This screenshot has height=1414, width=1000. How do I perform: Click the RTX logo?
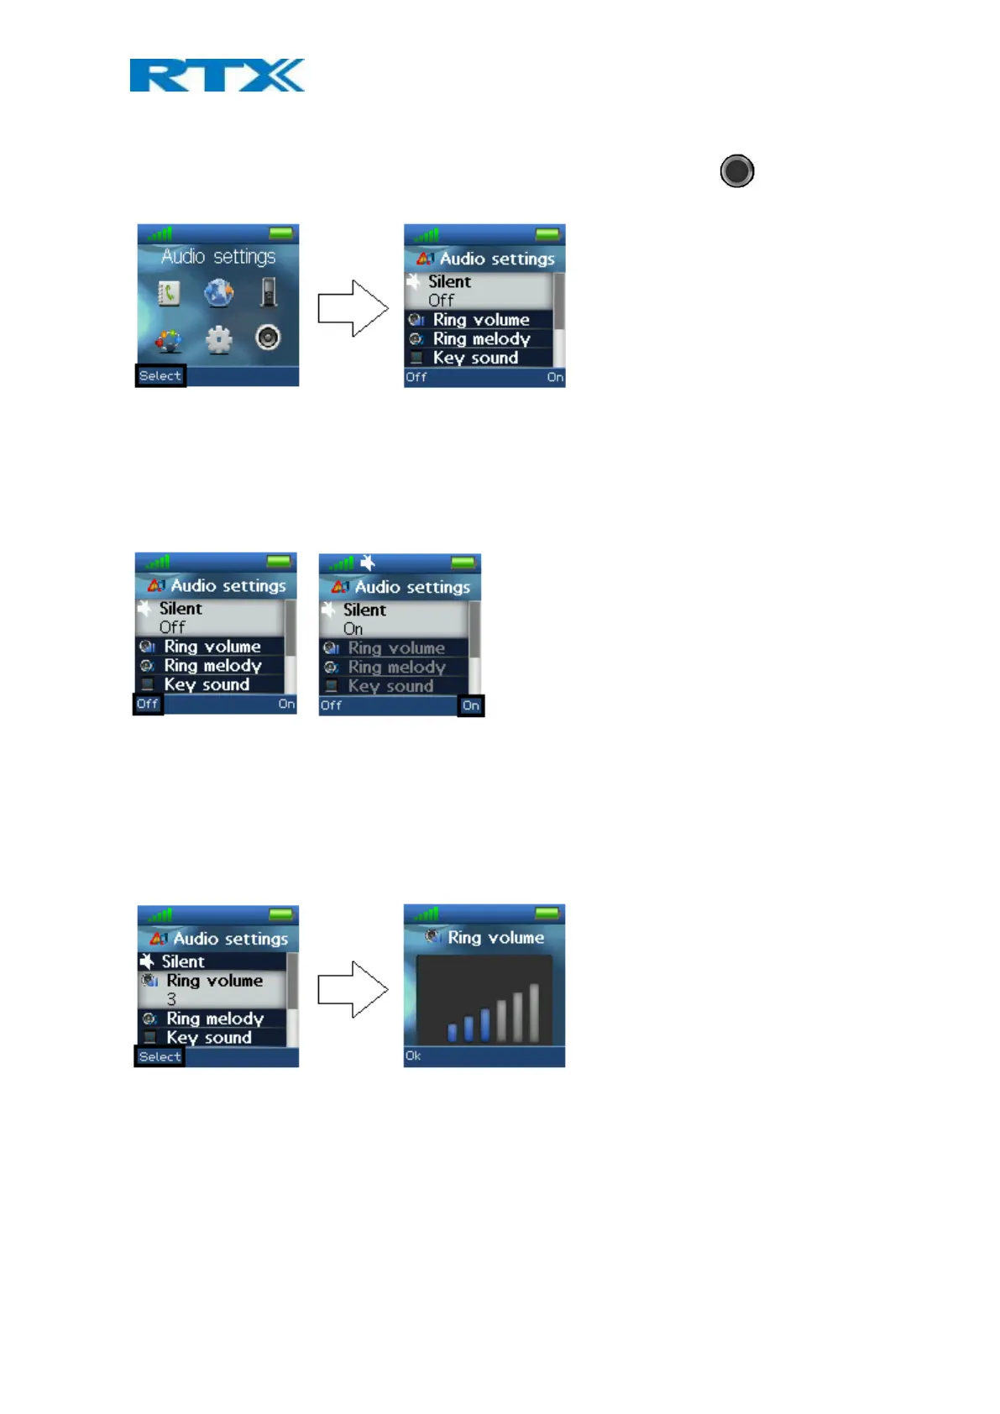click(217, 76)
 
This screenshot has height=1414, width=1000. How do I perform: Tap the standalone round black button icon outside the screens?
click(736, 171)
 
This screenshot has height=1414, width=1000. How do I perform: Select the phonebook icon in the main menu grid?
click(169, 293)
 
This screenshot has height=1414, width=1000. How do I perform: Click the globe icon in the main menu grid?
click(218, 293)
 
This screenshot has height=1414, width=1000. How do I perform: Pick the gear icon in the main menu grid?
click(219, 339)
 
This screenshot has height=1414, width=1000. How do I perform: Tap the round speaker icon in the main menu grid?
click(268, 338)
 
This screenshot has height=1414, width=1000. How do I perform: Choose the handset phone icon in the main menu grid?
click(268, 292)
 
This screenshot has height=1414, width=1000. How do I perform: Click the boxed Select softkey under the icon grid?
click(160, 376)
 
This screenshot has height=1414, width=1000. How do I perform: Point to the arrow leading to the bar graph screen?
click(353, 990)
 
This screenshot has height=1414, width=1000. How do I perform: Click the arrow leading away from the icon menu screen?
click(353, 308)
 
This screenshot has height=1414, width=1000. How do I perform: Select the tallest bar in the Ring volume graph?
click(534, 1011)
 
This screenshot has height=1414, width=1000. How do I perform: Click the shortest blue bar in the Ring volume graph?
click(453, 1031)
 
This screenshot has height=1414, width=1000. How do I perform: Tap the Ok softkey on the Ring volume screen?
click(413, 1056)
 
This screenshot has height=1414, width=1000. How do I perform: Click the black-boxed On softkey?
click(471, 706)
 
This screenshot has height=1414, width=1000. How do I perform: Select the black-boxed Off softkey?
click(148, 704)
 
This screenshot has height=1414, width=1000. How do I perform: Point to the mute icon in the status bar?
click(368, 563)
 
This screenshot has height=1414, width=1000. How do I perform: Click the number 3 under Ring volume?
click(171, 999)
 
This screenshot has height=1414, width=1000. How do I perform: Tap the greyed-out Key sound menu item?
click(390, 686)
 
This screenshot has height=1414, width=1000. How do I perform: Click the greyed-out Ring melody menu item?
click(396, 668)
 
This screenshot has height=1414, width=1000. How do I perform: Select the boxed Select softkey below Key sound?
click(160, 1057)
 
